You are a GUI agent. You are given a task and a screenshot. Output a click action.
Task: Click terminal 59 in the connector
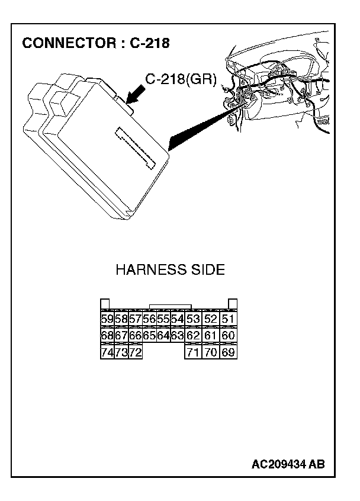pyautogui.click(x=107, y=320)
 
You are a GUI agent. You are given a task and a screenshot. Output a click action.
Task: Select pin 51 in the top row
pyautogui.click(x=228, y=320)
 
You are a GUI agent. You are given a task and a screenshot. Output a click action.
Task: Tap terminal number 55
pyautogui.click(x=163, y=320)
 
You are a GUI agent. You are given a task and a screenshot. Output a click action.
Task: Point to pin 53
pyautogui.click(x=192, y=320)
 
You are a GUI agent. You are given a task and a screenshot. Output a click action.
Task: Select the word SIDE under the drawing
pyautogui.click(x=206, y=270)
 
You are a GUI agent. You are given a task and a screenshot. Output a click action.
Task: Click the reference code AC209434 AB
pyautogui.click(x=288, y=464)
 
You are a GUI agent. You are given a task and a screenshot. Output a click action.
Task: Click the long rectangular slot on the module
pyautogui.click(x=136, y=147)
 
